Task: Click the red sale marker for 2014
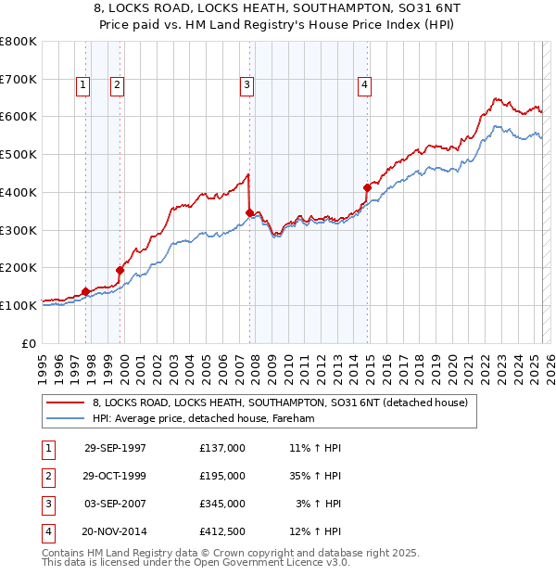pos(368,187)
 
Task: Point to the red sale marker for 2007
pos(249,212)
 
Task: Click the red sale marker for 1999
pos(120,270)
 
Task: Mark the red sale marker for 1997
pos(85,291)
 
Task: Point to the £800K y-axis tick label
pos(19,42)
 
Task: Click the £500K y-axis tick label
pos(19,155)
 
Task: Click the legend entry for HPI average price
pos(203,419)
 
